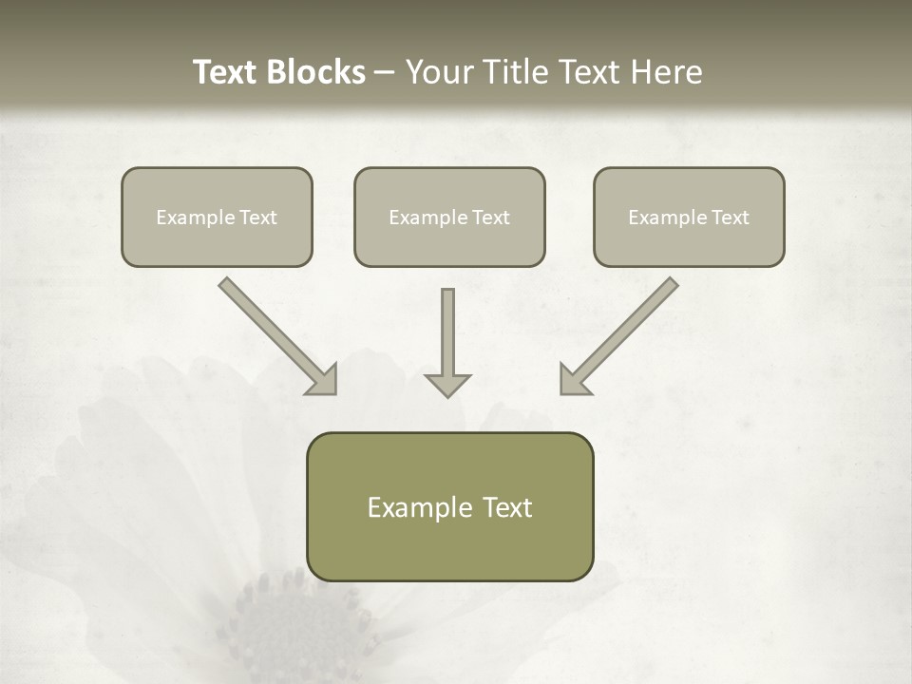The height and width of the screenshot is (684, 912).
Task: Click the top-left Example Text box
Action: tap(217, 217)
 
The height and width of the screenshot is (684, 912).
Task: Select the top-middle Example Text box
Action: tap(449, 217)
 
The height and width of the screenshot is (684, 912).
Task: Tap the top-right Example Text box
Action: tap(689, 217)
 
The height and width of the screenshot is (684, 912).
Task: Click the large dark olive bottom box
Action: tap(449, 507)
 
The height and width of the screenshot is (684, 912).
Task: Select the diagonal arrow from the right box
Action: tap(619, 335)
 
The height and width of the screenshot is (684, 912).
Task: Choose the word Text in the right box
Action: tap(731, 218)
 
